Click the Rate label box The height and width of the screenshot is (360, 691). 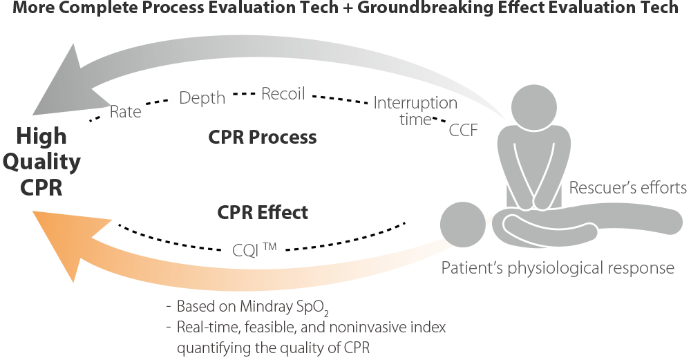tap(125, 112)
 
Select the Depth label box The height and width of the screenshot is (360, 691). tap(202, 98)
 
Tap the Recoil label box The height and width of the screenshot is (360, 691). tap(283, 94)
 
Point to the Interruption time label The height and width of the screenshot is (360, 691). tap(415, 111)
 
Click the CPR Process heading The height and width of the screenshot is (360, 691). tap(262, 138)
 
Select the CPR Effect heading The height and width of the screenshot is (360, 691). tap(263, 212)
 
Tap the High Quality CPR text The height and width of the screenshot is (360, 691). tap(41, 162)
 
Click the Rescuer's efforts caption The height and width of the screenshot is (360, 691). tap(627, 188)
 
